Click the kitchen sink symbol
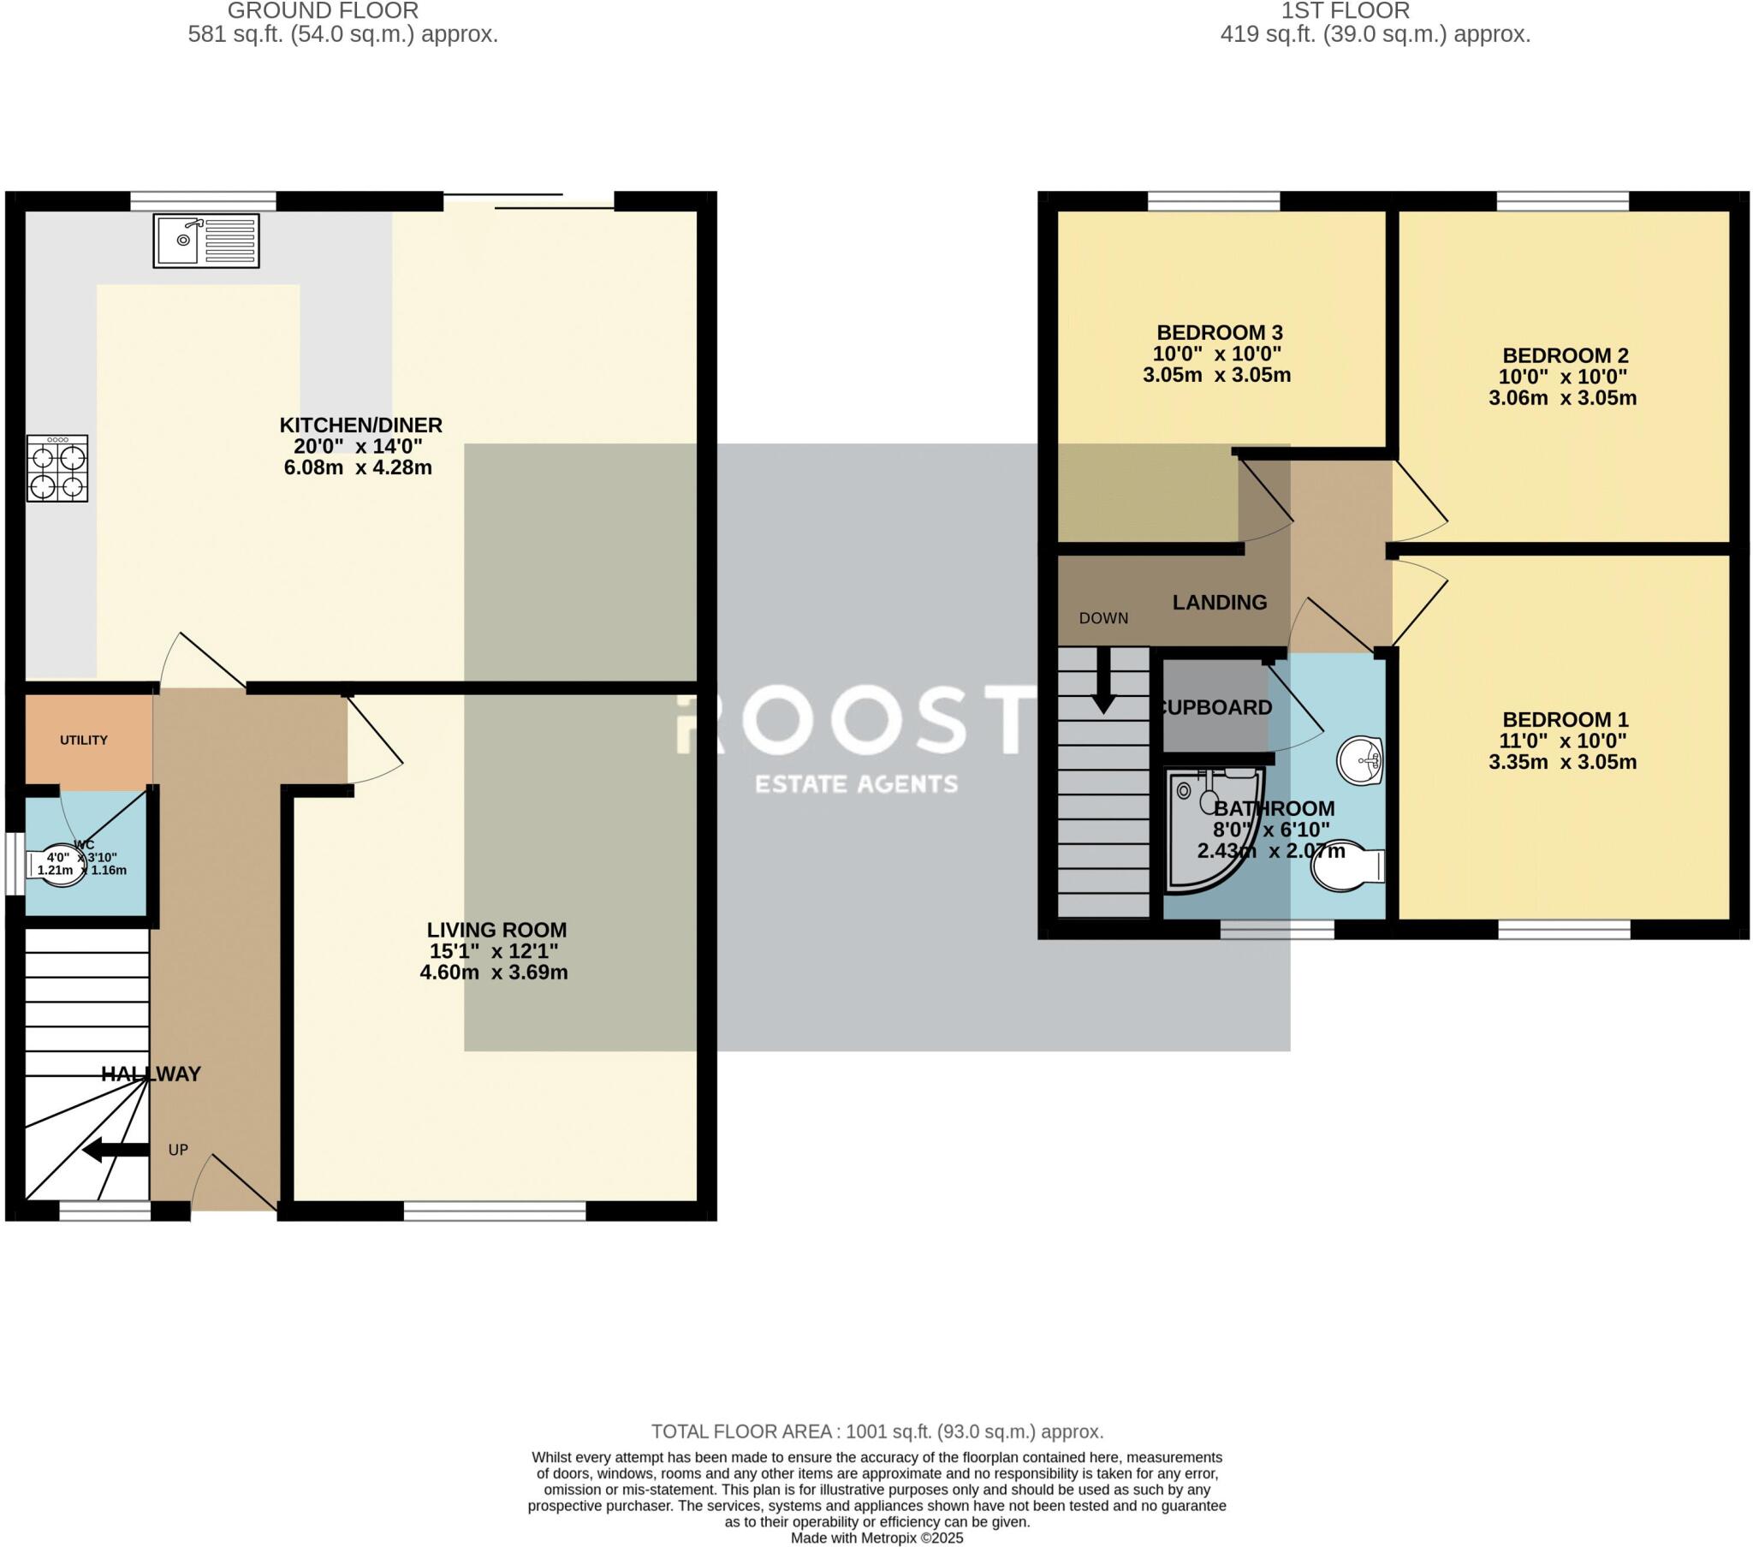coord(206,241)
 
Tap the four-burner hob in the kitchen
coord(57,468)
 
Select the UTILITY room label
coord(84,740)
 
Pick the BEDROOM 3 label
coord(1219,332)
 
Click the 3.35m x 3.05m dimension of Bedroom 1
coord(1562,762)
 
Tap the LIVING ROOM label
coord(496,929)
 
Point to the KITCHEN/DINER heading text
coord(361,425)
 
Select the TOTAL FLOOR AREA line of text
coord(876,1431)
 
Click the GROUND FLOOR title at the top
coord(323,11)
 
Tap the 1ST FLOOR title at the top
coord(1345,11)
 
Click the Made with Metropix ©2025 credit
coord(876,1538)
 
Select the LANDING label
coord(1219,603)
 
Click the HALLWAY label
coord(151,1074)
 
